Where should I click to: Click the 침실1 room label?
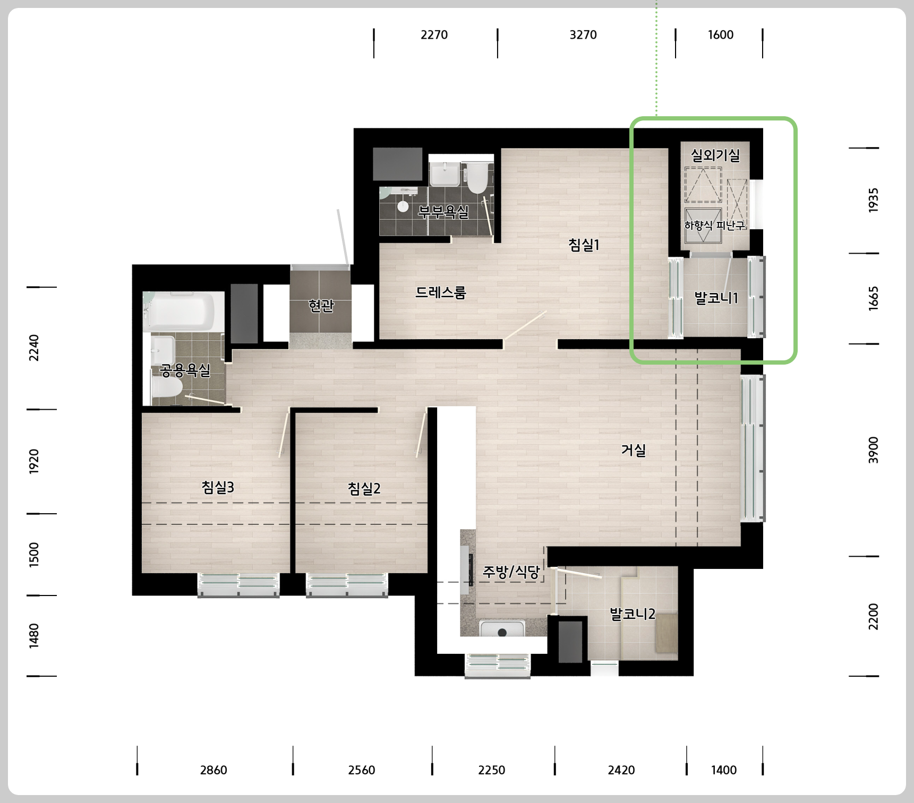pyautogui.click(x=584, y=245)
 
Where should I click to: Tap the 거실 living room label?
pyautogui.click(x=634, y=450)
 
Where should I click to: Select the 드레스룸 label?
pyautogui.click(x=440, y=292)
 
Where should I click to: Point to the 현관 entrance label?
pyautogui.click(x=321, y=305)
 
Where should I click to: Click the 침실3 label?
pyautogui.click(x=218, y=487)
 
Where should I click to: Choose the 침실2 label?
pyautogui.click(x=364, y=488)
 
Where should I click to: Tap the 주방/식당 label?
pyautogui.click(x=511, y=572)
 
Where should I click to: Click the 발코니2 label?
pyautogui.click(x=633, y=614)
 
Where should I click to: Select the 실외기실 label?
pyautogui.click(x=715, y=155)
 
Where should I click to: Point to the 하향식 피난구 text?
pyautogui.click(x=715, y=226)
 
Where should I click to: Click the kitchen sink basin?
pyautogui.click(x=502, y=628)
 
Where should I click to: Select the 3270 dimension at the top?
pyautogui.click(x=583, y=35)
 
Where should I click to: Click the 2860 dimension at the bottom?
pyautogui.click(x=213, y=770)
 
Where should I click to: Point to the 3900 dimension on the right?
pyautogui.click(x=874, y=450)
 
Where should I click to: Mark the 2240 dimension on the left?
pyautogui.click(x=34, y=348)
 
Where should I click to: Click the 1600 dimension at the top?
pyautogui.click(x=721, y=35)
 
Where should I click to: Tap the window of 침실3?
pyautogui.click(x=238, y=585)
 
